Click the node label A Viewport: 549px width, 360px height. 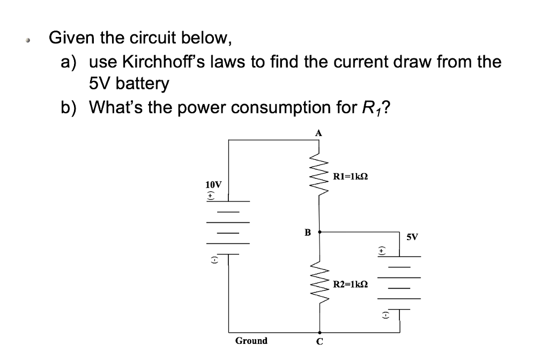tap(318, 132)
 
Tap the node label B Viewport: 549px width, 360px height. tap(307, 232)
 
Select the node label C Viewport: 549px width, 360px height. tap(320, 342)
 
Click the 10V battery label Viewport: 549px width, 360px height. tap(213, 184)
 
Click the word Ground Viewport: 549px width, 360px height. tap(251, 341)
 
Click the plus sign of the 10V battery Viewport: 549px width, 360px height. tap(211, 197)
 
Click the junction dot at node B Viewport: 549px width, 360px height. tap(320, 232)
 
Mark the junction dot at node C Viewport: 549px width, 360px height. tap(320, 332)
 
